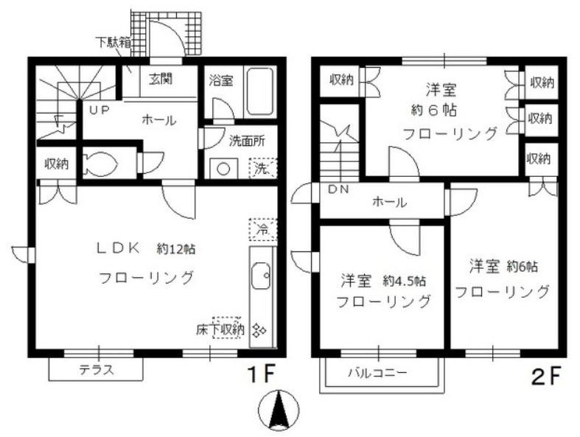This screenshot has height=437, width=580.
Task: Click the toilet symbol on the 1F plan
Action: [100, 162]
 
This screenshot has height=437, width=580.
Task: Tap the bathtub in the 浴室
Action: [260, 91]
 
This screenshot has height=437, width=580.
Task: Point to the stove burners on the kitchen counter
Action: [259, 329]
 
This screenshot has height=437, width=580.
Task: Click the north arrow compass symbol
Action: [279, 410]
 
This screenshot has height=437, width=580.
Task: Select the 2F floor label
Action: [546, 375]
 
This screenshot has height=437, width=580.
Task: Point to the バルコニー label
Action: [377, 372]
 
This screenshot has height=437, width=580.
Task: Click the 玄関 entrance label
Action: [161, 78]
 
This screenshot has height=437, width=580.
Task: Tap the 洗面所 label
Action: [247, 141]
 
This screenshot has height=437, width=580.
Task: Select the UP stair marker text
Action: [99, 110]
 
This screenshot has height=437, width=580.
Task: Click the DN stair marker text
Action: [338, 189]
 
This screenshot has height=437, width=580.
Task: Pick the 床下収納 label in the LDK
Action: [220, 329]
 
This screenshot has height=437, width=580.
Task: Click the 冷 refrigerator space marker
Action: [262, 229]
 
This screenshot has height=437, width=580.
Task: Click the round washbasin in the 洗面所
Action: [223, 169]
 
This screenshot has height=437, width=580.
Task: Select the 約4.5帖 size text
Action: [405, 282]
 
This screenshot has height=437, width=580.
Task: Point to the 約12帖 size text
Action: [176, 249]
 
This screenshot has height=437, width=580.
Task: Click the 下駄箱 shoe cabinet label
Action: [113, 42]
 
